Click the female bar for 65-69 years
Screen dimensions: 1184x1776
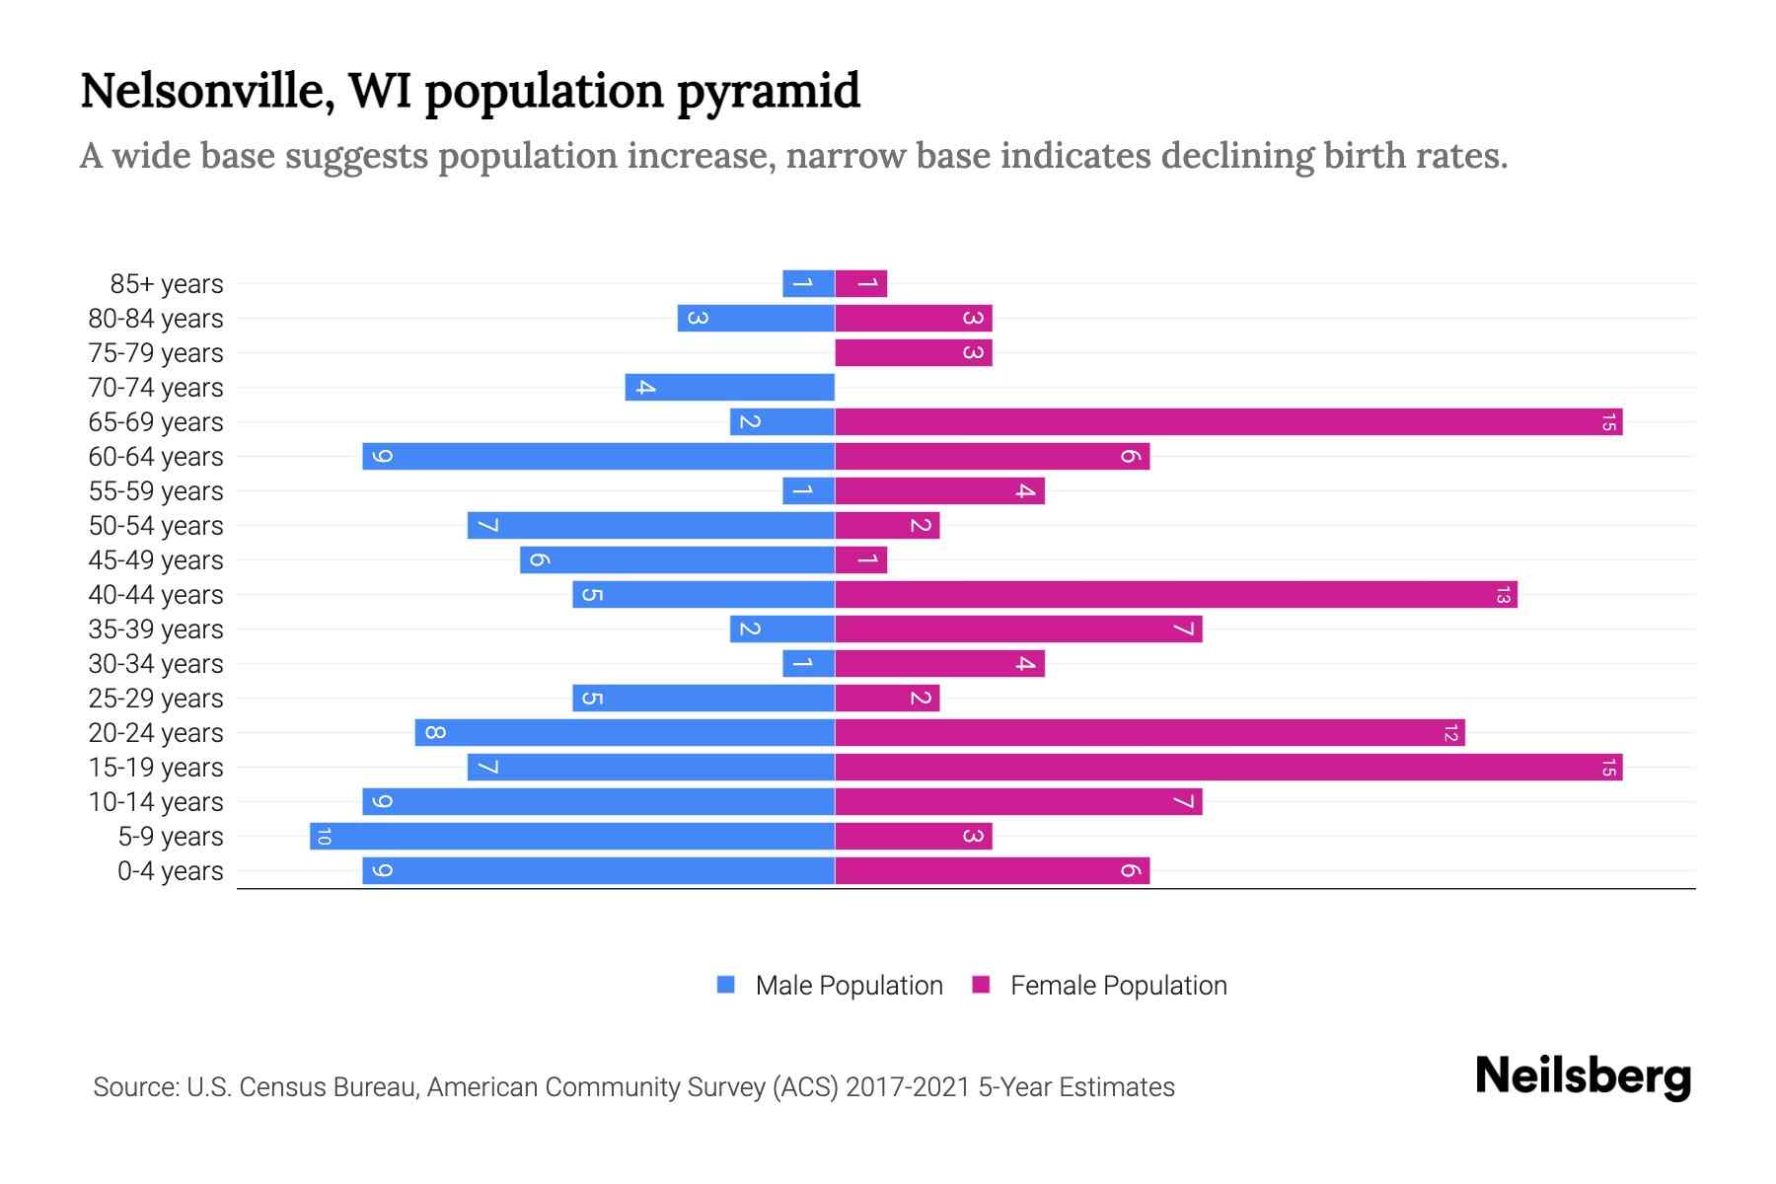pyautogui.click(x=1228, y=422)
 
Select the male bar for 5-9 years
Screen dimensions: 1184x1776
pyautogui.click(x=572, y=837)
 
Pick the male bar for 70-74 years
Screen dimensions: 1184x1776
pyautogui.click(x=730, y=388)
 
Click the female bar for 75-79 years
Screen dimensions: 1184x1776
pyautogui.click(x=914, y=353)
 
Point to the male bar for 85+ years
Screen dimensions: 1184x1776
pyautogui.click(x=808, y=284)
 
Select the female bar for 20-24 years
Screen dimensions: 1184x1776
pyautogui.click(x=1149, y=733)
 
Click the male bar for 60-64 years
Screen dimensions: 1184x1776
pyautogui.click(x=598, y=457)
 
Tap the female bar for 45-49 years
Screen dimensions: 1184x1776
pyautogui.click(x=861, y=560)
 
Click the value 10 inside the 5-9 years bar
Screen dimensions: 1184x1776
pyautogui.click(x=324, y=837)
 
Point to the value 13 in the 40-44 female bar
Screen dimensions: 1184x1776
pyautogui.click(x=1503, y=595)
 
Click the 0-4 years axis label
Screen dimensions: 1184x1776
pyautogui.click(x=170, y=871)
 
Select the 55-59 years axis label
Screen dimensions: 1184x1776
pyautogui.click(x=156, y=491)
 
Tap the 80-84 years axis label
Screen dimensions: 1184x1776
pyautogui.click(x=156, y=319)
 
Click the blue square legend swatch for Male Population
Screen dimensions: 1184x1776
pyautogui.click(x=726, y=985)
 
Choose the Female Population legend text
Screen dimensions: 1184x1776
pyautogui.click(x=1118, y=985)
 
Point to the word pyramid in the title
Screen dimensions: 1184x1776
pyautogui.click(x=768, y=91)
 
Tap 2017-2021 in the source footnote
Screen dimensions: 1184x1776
pyautogui.click(x=908, y=1087)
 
